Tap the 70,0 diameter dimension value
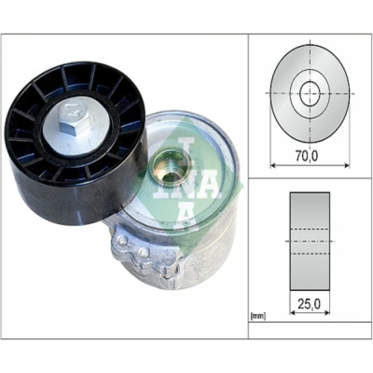[306, 156]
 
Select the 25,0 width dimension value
[309, 304]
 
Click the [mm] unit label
[258, 316]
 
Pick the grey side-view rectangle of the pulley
[310, 241]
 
